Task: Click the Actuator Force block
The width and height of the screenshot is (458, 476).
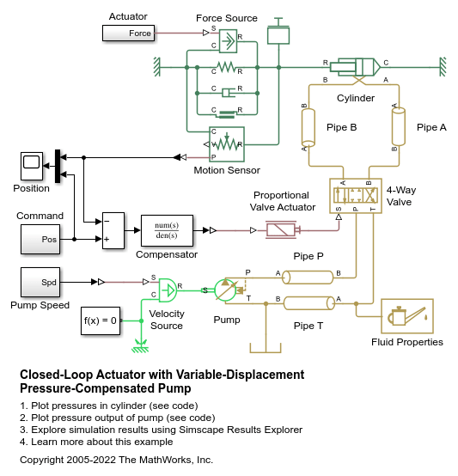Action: pyautogui.click(x=128, y=34)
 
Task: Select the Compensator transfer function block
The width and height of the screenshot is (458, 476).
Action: pyautogui.click(x=167, y=231)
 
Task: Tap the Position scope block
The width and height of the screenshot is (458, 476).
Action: pyautogui.click(x=32, y=166)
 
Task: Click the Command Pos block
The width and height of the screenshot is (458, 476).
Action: pyautogui.click(x=40, y=239)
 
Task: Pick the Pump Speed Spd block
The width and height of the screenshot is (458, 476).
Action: pyautogui.click(x=40, y=282)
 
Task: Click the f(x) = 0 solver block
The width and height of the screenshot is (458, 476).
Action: pyautogui.click(x=101, y=320)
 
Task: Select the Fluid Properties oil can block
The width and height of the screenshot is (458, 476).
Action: pyautogui.click(x=407, y=316)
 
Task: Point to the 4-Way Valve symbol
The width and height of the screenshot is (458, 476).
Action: pyautogui.click(x=356, y=196)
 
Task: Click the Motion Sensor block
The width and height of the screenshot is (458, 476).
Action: pyautogui.click(x=227, y=144)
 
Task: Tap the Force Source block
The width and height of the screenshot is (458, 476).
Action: pyautogui.click(x=228, y=41)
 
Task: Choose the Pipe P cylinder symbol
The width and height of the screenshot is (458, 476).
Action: pyautogui.click(x=308, y=278)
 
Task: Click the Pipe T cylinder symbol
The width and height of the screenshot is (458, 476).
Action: pyautogui.click(x=309, y=303)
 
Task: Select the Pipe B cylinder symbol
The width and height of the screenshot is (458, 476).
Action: pyautogui.click(x=308, y=127)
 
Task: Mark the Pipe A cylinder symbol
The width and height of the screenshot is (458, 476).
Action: pyautogui.click(x=399, y=126)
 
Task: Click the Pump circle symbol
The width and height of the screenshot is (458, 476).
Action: pyautogui.click(x=226, y=290)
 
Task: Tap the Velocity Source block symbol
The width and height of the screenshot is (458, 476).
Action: pyautogui.click(x=168, y=290)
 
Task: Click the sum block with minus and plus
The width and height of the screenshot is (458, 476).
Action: pyautogui.click(x=113, y=231)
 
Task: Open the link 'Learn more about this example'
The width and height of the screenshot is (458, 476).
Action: pyautogui.click(x=102, y=442)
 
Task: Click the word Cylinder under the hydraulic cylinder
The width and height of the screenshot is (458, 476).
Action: pyautogui.click(x=356, y=98)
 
